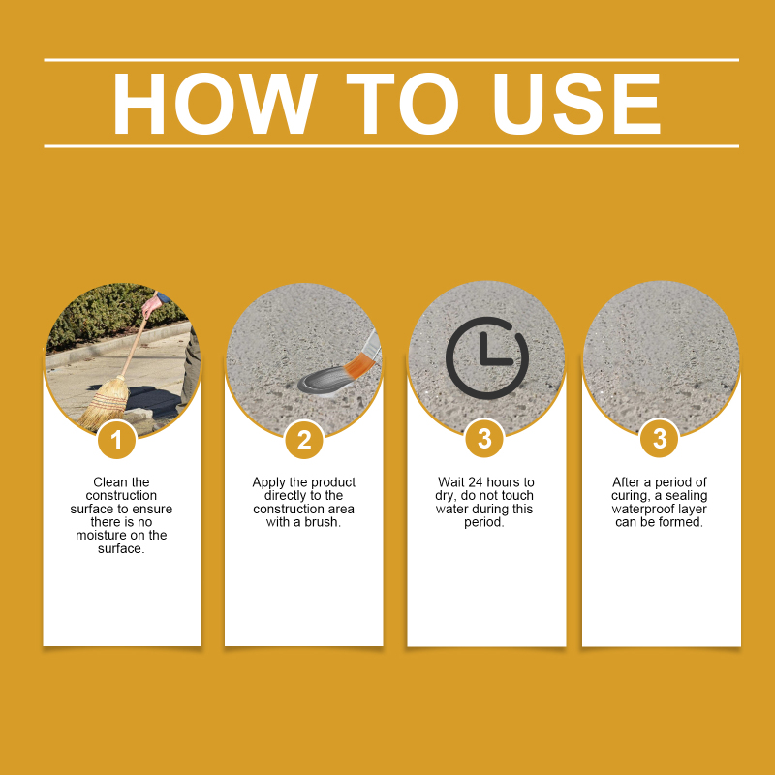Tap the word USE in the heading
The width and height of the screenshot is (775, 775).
(576, 104)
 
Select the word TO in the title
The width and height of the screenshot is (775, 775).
(402, 104)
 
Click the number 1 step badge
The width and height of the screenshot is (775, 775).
(116, 440)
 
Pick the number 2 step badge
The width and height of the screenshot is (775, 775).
(304, 440)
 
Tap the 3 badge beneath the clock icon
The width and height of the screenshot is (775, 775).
(484, 439)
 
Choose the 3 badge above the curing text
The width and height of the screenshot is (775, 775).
(660, 439)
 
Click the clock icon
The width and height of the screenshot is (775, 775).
(487, 357)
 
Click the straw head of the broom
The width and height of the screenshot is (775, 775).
(105, 403)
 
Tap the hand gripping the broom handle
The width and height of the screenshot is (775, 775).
(150, 306)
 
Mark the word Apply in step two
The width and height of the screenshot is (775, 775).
(269, 482)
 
